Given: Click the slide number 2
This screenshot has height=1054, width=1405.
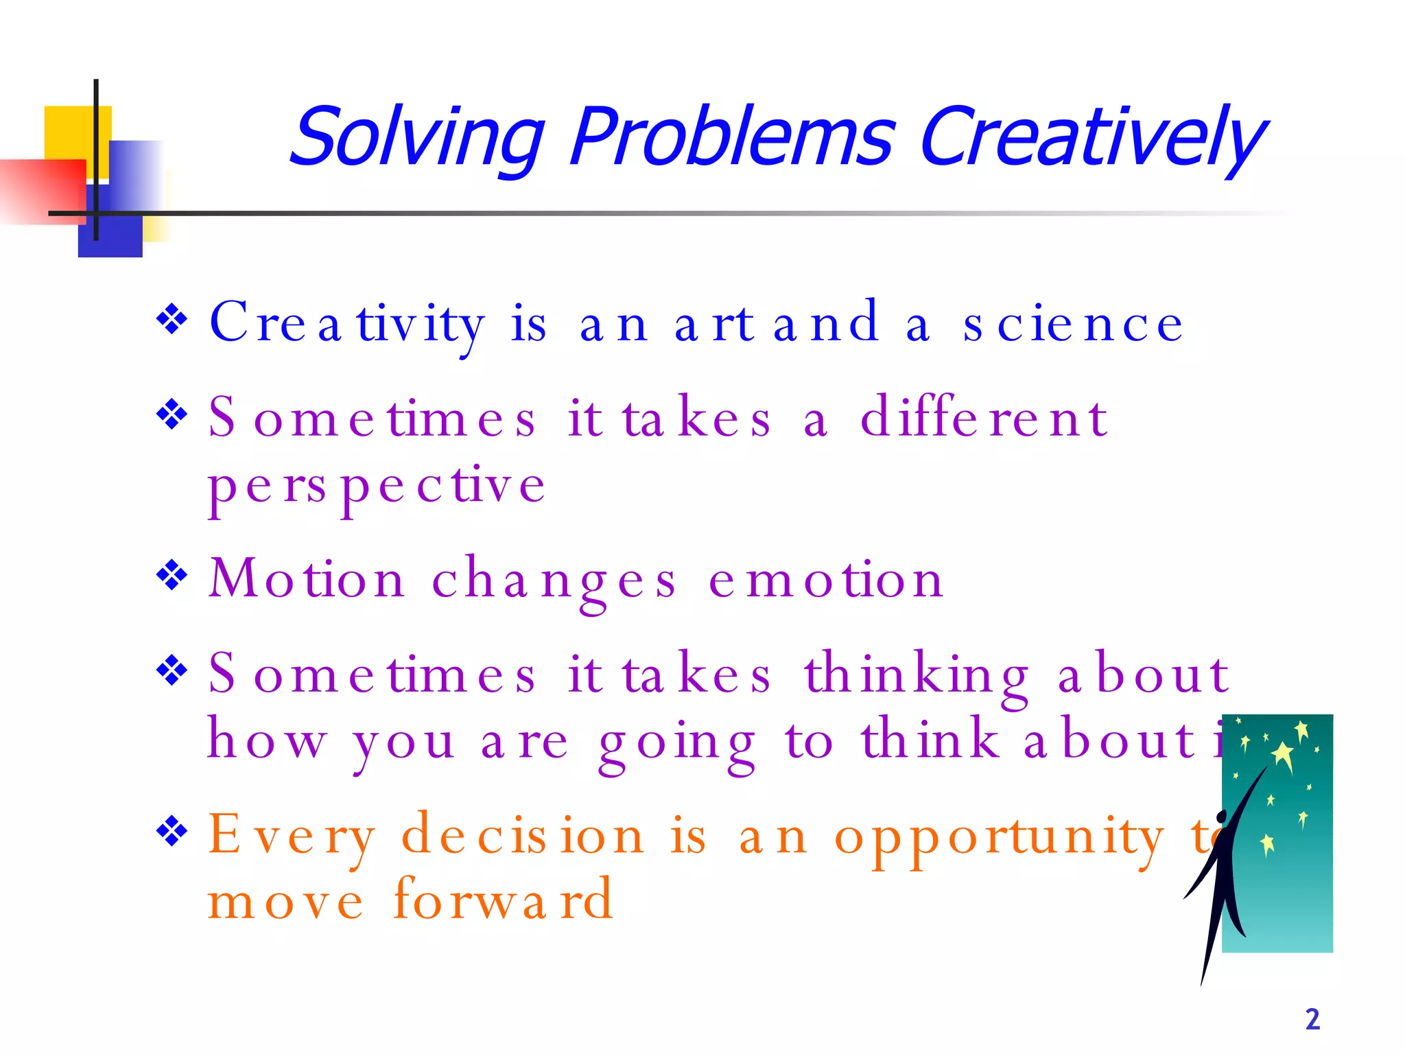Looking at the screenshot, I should tap(1312, 1019).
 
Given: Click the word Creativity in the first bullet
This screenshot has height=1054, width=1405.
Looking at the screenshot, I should tap(347, 324).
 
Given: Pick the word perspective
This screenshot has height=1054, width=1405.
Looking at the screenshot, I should tap(377, 486).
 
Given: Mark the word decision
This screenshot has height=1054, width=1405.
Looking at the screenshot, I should tap(523, 836).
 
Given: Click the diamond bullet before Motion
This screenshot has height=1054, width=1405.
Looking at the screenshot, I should tap(172, 575).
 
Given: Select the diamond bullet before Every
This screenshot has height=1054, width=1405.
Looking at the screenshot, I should tap(172, 832).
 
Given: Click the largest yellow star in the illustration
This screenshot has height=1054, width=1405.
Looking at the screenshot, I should tap(1282, 756).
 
